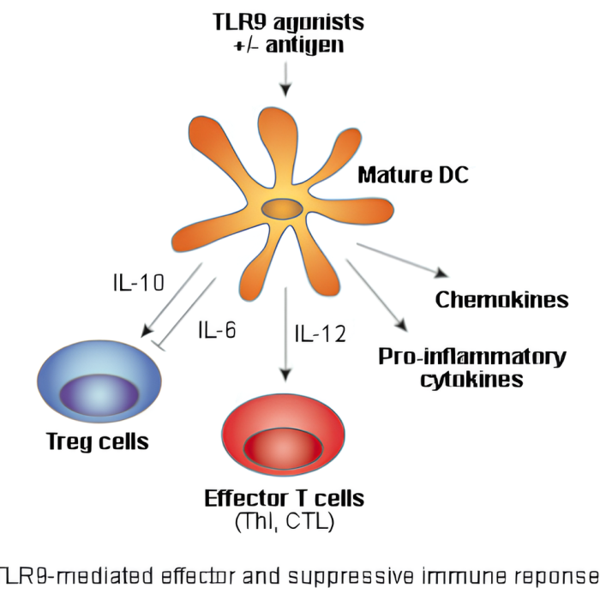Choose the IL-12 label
pos(320,333)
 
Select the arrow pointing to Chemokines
pos(403,260)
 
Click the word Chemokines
pos(501,299)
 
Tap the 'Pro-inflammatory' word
pos(472,356)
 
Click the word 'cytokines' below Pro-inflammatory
pos(471,379)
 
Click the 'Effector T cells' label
pos(284,498)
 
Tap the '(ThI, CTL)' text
pos(284,520)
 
